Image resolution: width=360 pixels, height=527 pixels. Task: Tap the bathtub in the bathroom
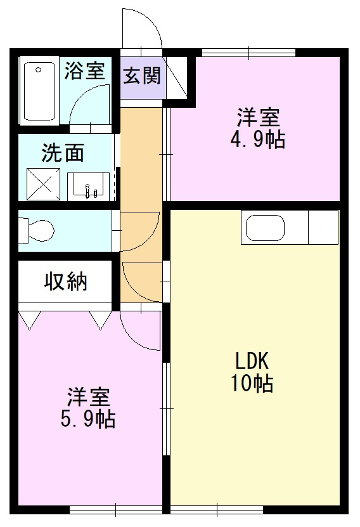coord(39,90)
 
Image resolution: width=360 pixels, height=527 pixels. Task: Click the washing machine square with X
coord(42,185)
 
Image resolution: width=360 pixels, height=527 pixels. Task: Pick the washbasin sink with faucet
coord(88,186)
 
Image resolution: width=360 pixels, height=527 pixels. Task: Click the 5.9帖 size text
coord(89,419)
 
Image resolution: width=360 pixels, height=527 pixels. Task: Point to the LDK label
coord(254,361)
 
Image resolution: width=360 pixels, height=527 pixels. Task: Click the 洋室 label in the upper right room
coord(258,118)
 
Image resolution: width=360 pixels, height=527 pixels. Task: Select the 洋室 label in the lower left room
coord(89,398)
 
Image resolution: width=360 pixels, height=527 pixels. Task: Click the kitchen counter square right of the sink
coord(323,227)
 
